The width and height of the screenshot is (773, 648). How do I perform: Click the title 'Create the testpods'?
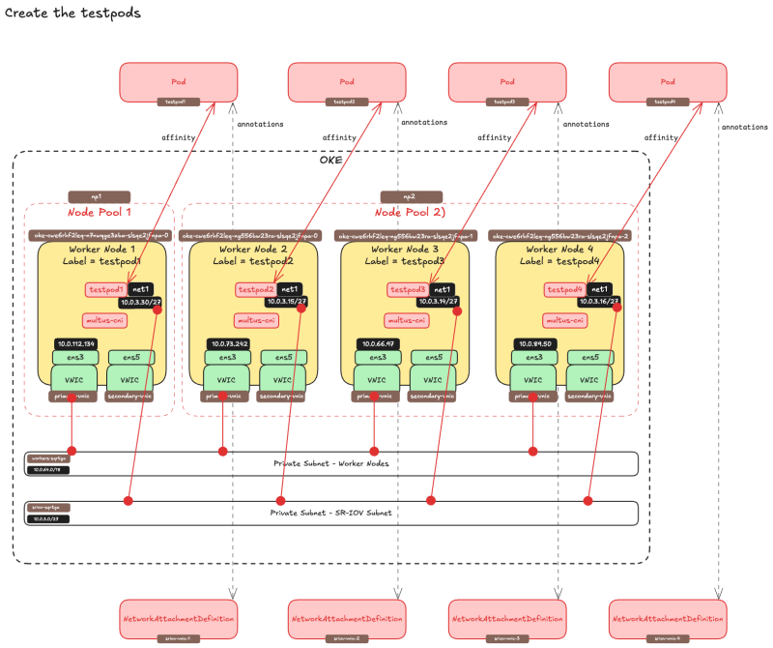pyautogui.click(x=73, y=14)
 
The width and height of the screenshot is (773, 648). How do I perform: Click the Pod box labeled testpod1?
pyautogui.click(x=179, y=82)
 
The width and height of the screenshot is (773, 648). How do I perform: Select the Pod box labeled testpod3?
pyautogui.click(x=506, y=82)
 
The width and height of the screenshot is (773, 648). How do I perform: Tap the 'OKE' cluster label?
pyautogui.click(x=330, y=160)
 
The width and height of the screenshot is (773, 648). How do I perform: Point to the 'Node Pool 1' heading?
pyautogui.click(x=99, y=213)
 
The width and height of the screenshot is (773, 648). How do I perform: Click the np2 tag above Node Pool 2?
pyautogui.click(x=411, y=196)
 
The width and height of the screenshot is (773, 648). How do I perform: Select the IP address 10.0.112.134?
pyautogui.click(x=75, y=344)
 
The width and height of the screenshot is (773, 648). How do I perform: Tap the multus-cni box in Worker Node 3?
pyautogui.click(x=407, y=320)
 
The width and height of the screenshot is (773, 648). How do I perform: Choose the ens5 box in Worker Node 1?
pyautogui.click(x=129, y=357)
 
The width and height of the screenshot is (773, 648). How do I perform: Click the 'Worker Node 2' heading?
pyautogui.click(x=253, y=250)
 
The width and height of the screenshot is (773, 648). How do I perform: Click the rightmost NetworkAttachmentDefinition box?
pyautogui.click(x=667, y=617)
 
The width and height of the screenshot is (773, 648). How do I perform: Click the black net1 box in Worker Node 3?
pyautogui.click(x=443, y=289)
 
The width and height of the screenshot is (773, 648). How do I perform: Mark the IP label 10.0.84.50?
pyautogui.click(x=534, y=344)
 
